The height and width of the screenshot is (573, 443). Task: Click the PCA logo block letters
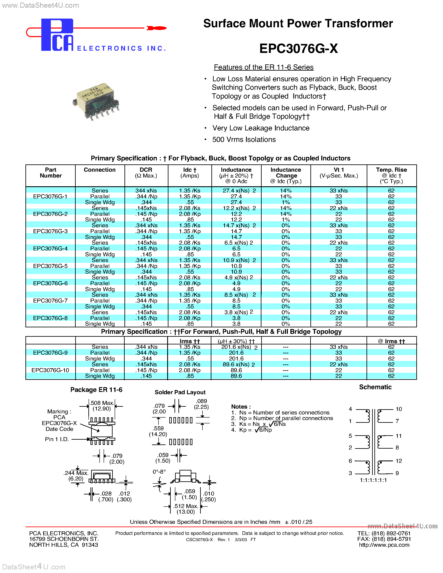click(57, 35)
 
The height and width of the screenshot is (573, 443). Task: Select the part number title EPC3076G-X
click(298, 49)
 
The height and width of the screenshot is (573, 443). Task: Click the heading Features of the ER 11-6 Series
click(264, 68)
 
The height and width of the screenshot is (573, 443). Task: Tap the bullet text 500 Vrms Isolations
click(244, 140)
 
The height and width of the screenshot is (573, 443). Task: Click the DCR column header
click(146, 173)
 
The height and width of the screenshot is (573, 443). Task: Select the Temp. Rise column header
click(391, 175)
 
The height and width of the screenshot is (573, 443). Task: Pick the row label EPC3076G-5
click(50, 266)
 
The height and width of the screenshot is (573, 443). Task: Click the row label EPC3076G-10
click(50, 370)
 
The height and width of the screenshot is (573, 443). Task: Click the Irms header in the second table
click(189, 341)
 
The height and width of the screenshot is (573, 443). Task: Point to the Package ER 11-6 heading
click(96, 390)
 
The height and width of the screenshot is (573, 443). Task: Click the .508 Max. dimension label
click(102, 403)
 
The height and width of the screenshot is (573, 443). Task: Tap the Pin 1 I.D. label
click(57, 439)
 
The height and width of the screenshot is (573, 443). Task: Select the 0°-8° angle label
click(159, 472)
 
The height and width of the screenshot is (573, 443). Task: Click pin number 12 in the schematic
click(399, 461)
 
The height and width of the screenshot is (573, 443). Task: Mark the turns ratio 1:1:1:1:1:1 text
click(373, 480)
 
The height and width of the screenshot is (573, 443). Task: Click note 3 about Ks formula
click(259, 424)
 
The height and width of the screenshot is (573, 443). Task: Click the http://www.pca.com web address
click(384, 545)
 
